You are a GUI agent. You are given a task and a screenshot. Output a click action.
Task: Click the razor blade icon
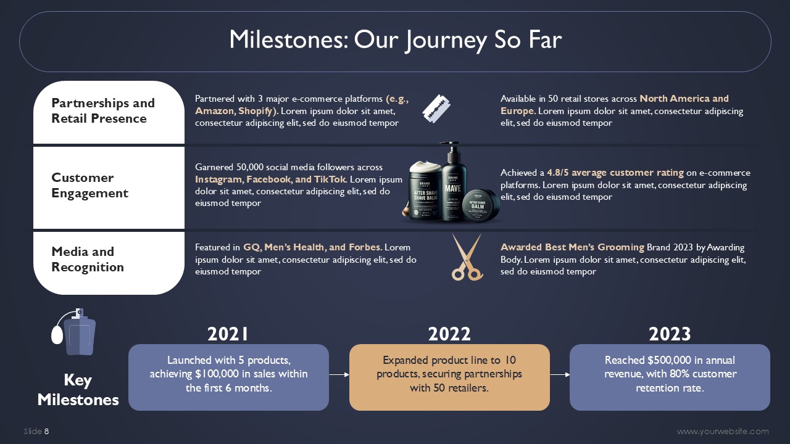pyautogui.click(x=436, y=109)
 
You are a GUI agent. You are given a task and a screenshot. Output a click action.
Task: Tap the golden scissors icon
pyautogui.click(x=467, y=257)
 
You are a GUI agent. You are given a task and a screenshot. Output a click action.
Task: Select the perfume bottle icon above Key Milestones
pyautogui.click(x=73, y=332)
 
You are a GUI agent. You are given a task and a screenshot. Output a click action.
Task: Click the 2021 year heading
pyautogui.click(x=228, y=334)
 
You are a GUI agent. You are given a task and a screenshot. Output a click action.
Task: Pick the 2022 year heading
pyautogui.click(x=449, y=334)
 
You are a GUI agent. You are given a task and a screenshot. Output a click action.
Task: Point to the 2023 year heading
pyautogui.click(x=670, y=334)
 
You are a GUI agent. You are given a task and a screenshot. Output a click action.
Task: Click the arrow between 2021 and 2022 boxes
pyautogui.click(x=339, y=374)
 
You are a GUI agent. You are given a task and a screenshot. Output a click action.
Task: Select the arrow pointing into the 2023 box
pyautogui.click(x=560, y=374)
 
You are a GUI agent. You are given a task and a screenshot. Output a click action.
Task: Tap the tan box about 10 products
pyautogui.click(x=449, y=377)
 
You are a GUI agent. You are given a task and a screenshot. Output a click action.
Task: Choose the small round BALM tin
pyautogui.click(x=481, y=205)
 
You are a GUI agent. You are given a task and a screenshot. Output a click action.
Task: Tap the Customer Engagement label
pyautogui.click(x=89, y=186)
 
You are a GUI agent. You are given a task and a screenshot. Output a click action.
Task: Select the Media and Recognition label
pyautogui.click(x=88, y=260)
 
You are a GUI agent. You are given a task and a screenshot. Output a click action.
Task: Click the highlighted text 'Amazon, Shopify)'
pyautogui.click(x=236, y=111)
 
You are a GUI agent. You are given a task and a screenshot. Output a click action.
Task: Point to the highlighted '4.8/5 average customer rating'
pyautogui.click(x=615, y=173)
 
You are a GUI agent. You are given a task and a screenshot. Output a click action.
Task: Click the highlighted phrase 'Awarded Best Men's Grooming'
pyautogui.click(x=572, y=247)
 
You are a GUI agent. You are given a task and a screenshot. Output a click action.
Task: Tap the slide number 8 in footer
pyautogui.click(x=47, y=431)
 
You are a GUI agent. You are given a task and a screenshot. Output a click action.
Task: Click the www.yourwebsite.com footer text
pyautogui.click(x=723, y=431)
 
